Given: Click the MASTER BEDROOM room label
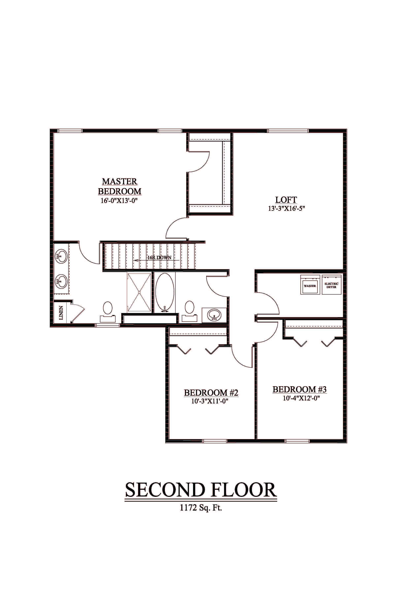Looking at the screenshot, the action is point(120,186).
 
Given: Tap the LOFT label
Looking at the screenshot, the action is point(286,200).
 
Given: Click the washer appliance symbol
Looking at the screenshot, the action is point(310,285).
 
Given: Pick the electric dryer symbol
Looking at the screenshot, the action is point(331,285).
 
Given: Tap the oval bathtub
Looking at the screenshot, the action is point(165,292).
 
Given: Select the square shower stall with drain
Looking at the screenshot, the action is point(139,292).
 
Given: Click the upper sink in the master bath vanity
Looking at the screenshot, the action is point(61,257).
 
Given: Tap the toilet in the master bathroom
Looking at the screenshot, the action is point(108,312).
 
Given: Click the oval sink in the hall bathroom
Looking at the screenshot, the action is point(214,315).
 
